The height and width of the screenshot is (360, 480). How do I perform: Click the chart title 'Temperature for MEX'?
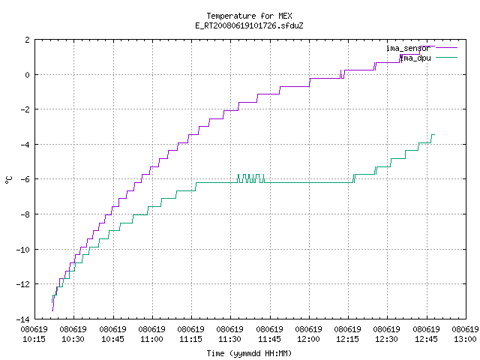coord(249,16)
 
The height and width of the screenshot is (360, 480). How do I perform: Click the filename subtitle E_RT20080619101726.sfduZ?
coord(249,25)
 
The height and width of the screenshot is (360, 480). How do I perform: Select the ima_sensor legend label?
coord(408,48)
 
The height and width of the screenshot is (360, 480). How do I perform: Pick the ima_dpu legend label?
coord(415,58)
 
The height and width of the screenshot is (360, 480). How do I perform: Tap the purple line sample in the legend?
coord(446,48)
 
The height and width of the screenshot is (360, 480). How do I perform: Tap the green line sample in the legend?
coord(446,57)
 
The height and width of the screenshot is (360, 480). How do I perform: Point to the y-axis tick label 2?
coord(28,40)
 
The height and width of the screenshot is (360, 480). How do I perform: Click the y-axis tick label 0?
coord(28,75)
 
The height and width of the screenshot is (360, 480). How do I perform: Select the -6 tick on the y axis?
coord(25,179)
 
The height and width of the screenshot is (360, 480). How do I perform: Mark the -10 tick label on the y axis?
coord(23,250)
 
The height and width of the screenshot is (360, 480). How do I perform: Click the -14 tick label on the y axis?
coord(23,319)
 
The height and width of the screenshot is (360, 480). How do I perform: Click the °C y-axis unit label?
coord(9,180)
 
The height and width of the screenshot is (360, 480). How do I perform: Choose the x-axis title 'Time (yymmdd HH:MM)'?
coord(249,353)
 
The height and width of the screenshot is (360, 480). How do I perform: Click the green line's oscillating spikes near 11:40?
coord(251,178)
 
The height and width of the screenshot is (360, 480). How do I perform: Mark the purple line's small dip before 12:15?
coord(343,74)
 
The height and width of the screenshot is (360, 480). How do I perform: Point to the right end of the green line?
coord(434,135)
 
